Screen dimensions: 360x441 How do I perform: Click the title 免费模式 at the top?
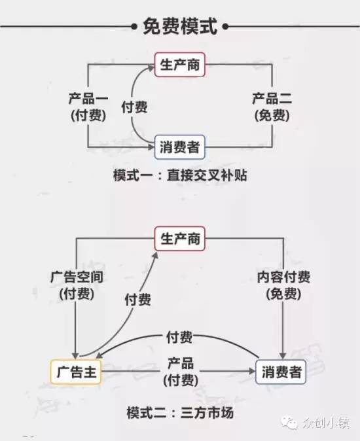tap(180, 26)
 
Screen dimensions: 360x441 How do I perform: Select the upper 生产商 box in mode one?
tap(180, 65)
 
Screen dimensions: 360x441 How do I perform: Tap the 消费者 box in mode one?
tap(180, 147)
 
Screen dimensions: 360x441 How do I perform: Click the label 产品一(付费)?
tap(88, 107)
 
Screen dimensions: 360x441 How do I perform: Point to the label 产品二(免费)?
tap(272, 107)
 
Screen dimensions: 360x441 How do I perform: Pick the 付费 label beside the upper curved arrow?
tap(134, 107)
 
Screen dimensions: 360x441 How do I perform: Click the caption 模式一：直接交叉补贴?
tap(180, 175)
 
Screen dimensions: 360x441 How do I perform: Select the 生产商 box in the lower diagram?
tap(180, 239)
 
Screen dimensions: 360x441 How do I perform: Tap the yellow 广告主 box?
tap(76, 372)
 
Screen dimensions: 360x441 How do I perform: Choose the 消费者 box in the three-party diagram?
tap(281, 372)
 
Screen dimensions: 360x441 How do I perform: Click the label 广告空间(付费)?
tap(77, 285)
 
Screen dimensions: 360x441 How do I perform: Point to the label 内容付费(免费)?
tap(283, 285)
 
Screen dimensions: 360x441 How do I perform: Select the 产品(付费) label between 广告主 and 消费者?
tap(181, 372)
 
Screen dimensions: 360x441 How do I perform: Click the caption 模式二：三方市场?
tap(180, 413)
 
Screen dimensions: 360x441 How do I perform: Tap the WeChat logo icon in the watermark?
tap(289, 423)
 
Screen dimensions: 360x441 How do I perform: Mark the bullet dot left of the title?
tap(134, 27)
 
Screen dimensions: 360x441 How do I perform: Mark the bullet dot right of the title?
tap(225, 27)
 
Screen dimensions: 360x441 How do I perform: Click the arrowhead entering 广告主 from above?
tap(75, 355)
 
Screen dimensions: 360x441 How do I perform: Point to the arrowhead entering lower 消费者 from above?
tap(283, 355)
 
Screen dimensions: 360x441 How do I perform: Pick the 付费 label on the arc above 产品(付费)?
tap(179, 337)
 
